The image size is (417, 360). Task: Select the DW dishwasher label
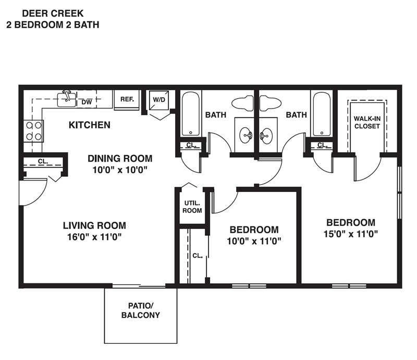87,102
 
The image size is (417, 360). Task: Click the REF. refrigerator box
127,99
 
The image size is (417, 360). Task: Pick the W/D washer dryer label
158,99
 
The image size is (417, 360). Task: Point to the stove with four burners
33,130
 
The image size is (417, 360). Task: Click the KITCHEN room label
90,125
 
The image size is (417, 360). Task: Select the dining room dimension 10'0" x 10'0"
119,169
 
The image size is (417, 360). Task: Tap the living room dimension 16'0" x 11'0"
94,236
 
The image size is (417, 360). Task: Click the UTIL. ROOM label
192,207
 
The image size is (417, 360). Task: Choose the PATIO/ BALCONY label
140,310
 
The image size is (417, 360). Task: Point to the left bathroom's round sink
246,136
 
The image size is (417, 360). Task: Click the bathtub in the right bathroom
319,115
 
